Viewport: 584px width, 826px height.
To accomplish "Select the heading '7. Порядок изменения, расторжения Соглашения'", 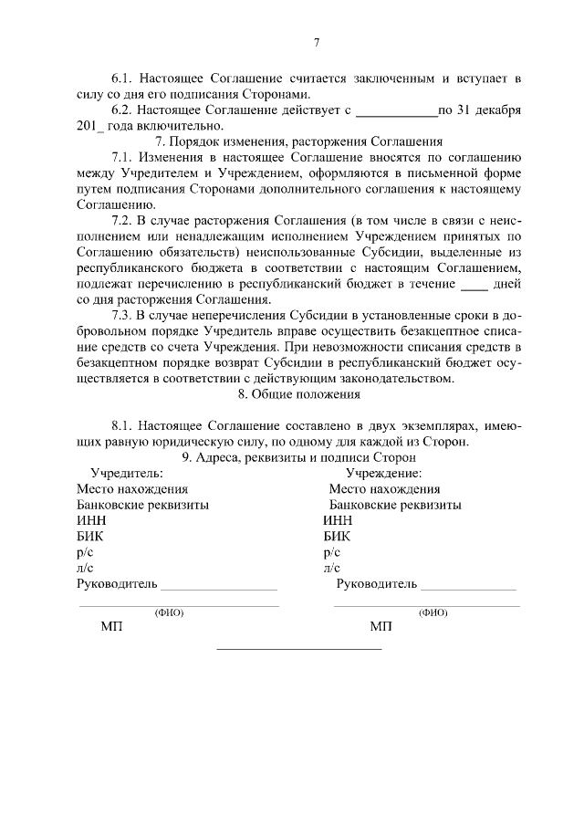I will click(x=299, y=141).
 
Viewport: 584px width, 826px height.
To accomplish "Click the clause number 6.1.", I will click(x=122, y=79).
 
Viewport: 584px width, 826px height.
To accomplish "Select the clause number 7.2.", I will click(x=122, y=221).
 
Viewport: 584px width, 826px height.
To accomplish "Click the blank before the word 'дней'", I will click(x=474, y=284).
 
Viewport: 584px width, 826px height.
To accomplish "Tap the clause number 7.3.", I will click(x=122, y=316).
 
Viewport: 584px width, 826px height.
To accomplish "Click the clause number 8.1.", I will click(x=122, y=426).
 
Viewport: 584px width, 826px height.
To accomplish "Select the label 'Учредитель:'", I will click(x=127, y=474).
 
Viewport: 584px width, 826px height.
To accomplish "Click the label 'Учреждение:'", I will click(x=383, y=474).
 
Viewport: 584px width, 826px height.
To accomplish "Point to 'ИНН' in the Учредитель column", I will click(x=92, y=520).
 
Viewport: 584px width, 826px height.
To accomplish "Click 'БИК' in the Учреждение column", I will click(x=336, y=537).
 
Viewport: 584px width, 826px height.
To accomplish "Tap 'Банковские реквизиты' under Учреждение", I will click(x=394, y=505).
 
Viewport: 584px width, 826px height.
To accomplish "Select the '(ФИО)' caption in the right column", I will click(x=433, y=612).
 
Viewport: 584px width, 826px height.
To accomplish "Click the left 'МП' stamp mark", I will click(x=110, y=628).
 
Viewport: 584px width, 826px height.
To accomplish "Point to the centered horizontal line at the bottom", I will click(x=298, y=649).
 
